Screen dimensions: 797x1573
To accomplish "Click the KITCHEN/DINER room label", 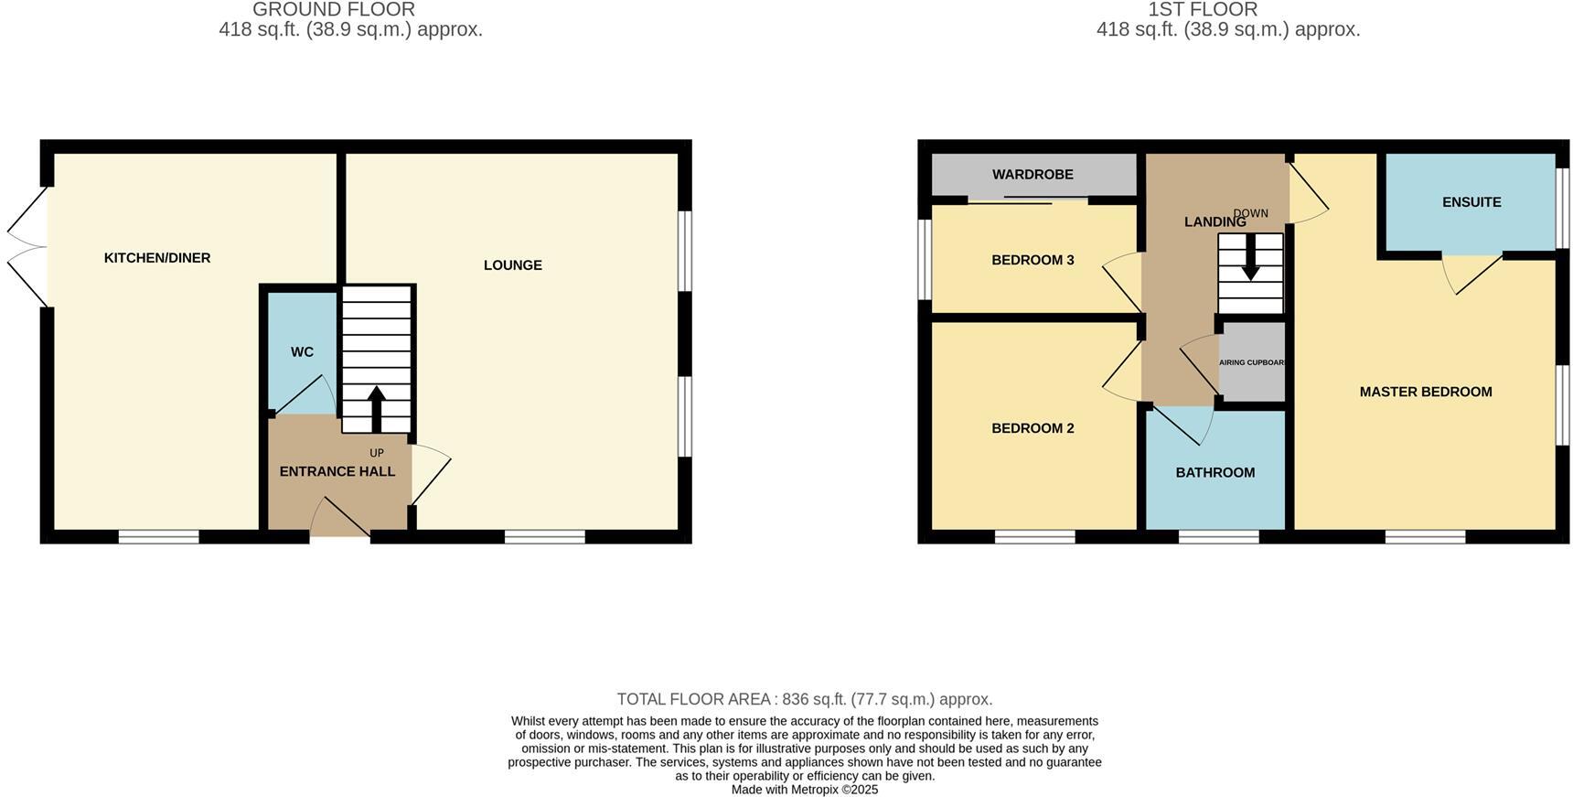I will tap(157, 258).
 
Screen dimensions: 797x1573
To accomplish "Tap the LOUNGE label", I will tap(513, 265).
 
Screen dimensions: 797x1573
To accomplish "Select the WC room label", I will tap(302, 352).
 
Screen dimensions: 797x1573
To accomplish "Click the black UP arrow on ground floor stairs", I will tap(376, 408).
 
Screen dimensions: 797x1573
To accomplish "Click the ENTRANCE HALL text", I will tap(337, 471).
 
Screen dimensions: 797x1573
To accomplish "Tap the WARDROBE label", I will tap(1033, 175).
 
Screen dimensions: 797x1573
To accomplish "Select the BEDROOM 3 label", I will tap(1033, 260).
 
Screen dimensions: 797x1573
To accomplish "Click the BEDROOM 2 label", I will tap(1033, 428).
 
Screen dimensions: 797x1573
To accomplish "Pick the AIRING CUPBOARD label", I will tap(1252, 362).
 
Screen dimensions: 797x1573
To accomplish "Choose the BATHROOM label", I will tap(1215, 472).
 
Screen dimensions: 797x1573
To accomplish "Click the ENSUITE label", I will tap(1471, 202).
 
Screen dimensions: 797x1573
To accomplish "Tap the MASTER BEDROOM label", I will tap(1425, 392).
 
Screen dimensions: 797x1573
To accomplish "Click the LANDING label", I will tap(1215, 222).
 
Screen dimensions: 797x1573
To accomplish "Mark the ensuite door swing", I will tap(1471, 273).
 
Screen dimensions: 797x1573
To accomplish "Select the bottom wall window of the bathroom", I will tap(1218, 537).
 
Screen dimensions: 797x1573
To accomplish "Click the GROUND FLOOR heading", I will tap(334, 10).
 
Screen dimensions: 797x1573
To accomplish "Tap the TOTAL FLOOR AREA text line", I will tap(804, 699).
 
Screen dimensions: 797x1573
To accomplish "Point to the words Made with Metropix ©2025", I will tap(804, 790).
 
